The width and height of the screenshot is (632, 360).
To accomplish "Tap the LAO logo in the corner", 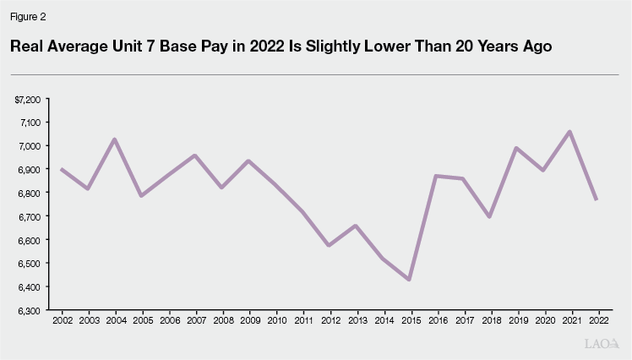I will pyautogui.click(x=602, y=344).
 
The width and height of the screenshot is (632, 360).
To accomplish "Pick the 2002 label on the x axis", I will pyautogui.click(x=62, y=322).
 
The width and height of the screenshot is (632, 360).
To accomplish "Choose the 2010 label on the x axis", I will pyautogui.click(x=275, y=322).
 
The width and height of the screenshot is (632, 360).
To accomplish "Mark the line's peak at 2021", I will pyautogui.click(x=569, y=131).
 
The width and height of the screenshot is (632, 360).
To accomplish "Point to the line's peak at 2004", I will pyautogui.click(x=115, y=139).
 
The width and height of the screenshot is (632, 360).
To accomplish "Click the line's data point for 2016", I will pyautogui.click(x=436, y=176).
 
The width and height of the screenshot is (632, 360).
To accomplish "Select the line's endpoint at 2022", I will pyautogui.click(x=597, y=199).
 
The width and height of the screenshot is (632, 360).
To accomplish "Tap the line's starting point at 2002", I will pyautogui.click(x=62, y=169).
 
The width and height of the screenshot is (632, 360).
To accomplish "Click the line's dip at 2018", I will pyautogui.click(x=489, y=217).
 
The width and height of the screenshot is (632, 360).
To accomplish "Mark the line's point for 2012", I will pyautogui.click(x=329, y=245).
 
